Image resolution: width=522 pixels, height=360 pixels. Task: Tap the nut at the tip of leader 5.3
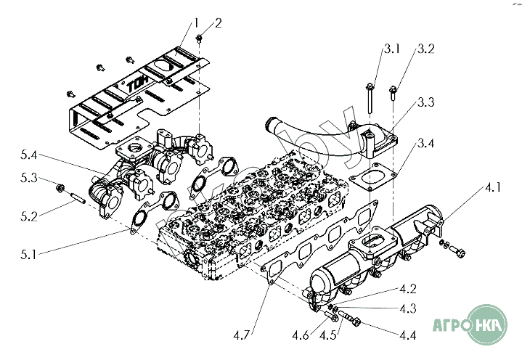click(59, 190)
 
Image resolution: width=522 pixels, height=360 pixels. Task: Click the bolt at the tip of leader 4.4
click(353, 318)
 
